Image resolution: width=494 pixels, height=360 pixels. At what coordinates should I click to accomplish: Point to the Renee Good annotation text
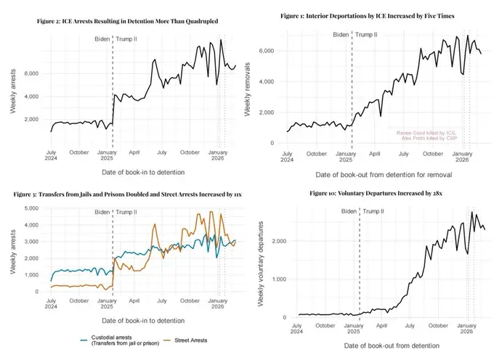pos(426,133)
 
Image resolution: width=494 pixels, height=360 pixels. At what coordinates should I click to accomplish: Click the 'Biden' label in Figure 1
pos(341,34)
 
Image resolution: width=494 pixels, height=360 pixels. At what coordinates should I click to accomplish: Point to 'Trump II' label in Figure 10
pos(375,211)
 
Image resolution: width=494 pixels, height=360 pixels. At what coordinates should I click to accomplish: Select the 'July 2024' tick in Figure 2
pos(52,156)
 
